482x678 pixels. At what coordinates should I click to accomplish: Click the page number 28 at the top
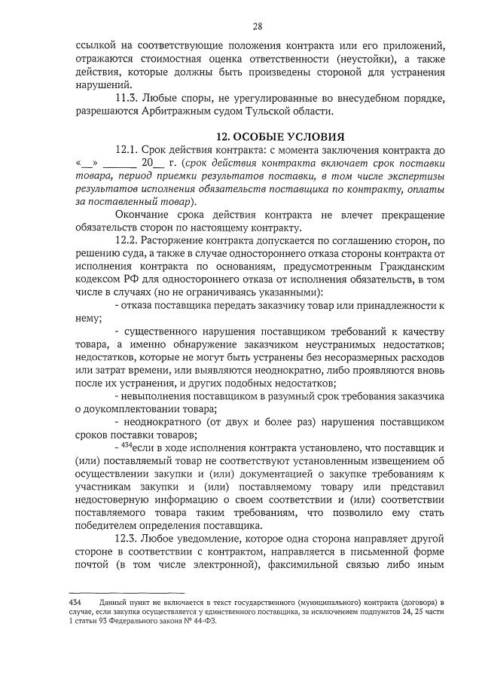(257, 27)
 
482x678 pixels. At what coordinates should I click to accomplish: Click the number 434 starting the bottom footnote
(75, 604)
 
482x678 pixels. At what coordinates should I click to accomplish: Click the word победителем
(111, 526)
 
